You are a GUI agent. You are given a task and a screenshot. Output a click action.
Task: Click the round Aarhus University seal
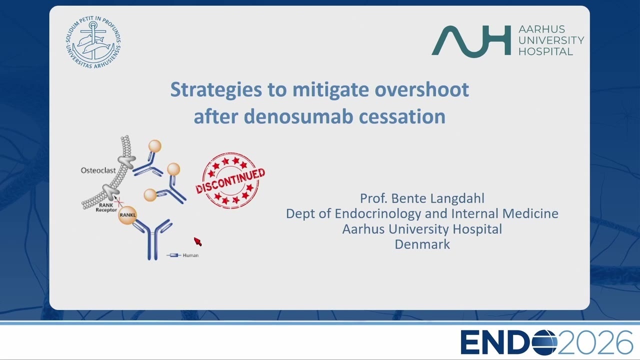click(93, 42)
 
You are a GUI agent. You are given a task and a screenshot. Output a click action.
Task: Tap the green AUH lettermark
click(471, 41)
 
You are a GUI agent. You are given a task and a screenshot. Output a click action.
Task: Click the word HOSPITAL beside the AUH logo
click(545, 51)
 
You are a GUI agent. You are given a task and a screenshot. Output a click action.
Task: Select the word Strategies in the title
click(216, 90)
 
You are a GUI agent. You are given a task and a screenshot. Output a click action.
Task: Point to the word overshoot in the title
click(421, 89)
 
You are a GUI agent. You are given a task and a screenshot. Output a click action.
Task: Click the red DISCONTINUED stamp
click(230, 180)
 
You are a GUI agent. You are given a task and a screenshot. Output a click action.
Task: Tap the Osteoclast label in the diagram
click(98, 170)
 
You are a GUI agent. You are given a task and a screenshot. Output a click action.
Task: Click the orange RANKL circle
click(127, 215)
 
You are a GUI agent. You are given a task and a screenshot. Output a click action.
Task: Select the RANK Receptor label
click(106, 207)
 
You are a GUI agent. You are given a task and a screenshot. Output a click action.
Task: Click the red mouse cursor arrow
click(197, 241)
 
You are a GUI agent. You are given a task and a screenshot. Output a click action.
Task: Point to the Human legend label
click(190, 255)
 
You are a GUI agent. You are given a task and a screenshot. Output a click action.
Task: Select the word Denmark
click(422, 244)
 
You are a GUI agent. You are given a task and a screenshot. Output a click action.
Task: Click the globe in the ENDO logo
click(544, 342)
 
